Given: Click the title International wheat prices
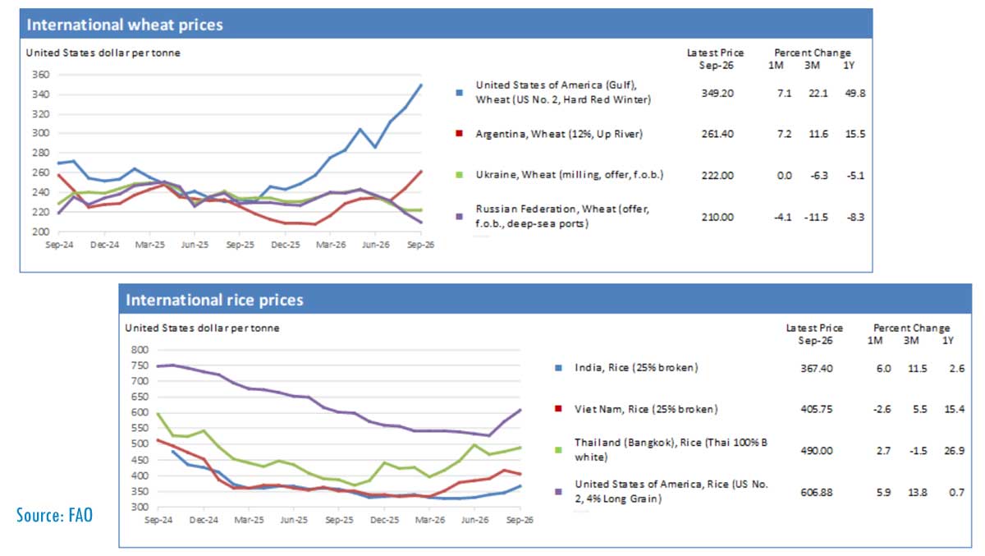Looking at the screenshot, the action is click(x=125, y=25).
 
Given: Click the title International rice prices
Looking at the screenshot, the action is click(x=214, y=300).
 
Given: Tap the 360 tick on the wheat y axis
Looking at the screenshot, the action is click(x=40, y=75).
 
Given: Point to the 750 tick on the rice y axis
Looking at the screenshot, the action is click(x=140, y=365).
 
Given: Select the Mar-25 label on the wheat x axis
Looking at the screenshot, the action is click(x=150, y=245).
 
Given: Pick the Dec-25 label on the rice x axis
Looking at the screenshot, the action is click(x=385, y=520).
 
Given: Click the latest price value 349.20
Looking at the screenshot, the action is click(x=717, y=94).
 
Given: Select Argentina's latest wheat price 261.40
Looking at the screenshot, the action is click(x=717, y=134).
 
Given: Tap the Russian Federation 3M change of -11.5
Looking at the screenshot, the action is click(x=816, y=218).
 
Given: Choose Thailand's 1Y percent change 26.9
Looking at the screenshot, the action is click(x=954, y=451).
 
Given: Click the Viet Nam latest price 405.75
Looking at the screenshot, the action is click(x=817, y=409).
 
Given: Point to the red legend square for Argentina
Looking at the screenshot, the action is click(x=459, y=133).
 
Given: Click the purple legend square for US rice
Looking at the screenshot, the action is click(x=558, y=492).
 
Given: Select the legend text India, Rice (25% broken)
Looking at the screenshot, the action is click(x=636, y=368).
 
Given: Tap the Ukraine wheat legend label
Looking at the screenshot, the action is click(x=570, y=175).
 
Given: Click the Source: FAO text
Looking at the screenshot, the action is click(x=54, y=515).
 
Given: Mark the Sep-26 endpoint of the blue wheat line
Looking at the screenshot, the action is click(x=421, y=85).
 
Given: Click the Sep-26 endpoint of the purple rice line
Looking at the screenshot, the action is click(x=520, y=411).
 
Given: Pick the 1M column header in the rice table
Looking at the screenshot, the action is click(x=875, y=341).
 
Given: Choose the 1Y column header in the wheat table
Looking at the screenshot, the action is click(x=849, y=66).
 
